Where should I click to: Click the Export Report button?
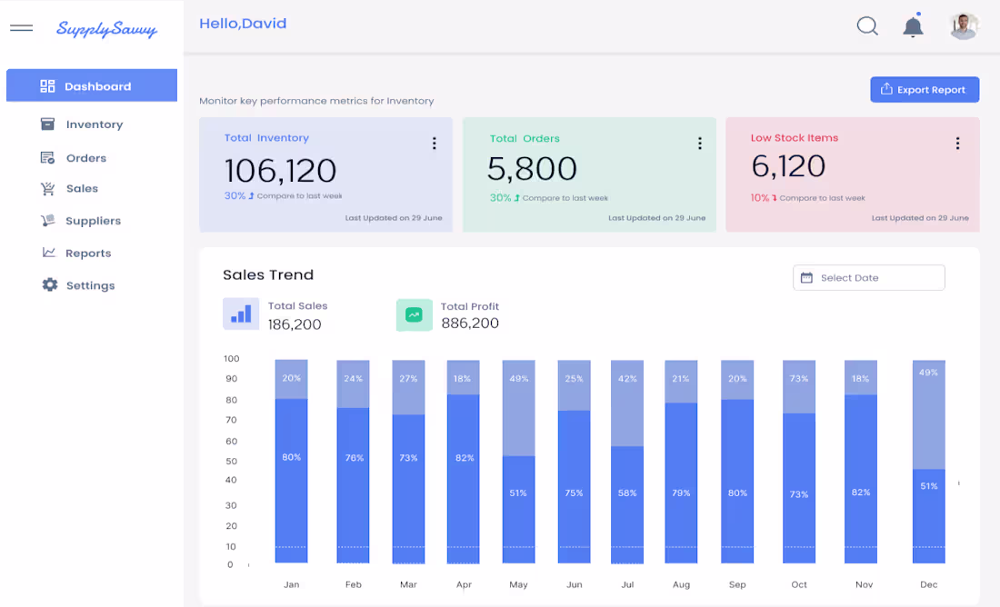(x=925, y=90)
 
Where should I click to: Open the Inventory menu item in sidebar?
(x=94, y=124)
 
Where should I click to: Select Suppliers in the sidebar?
(x=93, y=221)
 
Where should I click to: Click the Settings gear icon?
(x=49, y=284)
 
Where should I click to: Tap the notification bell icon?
(x=913, y=26)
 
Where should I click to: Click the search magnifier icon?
(x=867, y=26)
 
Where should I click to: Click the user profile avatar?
(x=964, y=26)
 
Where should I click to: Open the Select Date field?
(x=868, y=278)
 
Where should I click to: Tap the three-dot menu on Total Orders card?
(x=699, y=143)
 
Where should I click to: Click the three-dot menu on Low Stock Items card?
(x=957, y=143)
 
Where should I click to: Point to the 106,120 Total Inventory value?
(x=280, y=170)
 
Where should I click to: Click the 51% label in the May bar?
(x=518, y=493)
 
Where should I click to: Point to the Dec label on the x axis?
(x=928, y=584)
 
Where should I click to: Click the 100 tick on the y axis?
(x=231, y=359)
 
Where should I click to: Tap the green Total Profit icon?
(x=414, y=314)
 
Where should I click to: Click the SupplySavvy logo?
(x=106, y=29)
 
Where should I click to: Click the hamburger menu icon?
(x=22, y=28)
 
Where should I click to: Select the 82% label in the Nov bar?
(x=861, y=493)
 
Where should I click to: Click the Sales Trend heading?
(x=268, y=274)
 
